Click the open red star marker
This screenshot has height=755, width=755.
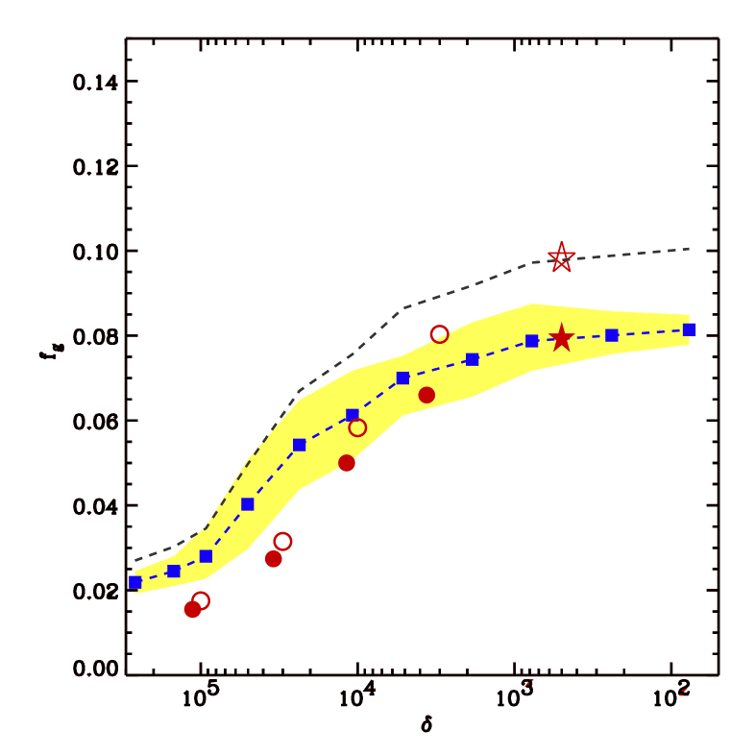pos(561,257)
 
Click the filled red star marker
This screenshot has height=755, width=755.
pos(561,339)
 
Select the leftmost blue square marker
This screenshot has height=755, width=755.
pos(134,582)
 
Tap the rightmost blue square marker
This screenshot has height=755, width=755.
pos(690,329)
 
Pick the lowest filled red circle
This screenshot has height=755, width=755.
pos(192,609)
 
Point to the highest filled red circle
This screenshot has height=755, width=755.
pos(426,395)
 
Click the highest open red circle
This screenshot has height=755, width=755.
pos(439,334)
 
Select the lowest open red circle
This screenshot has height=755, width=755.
pos(201,600)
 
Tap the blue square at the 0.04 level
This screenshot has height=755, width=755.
pos(247,504)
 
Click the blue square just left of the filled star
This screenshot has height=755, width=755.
pos(532,341)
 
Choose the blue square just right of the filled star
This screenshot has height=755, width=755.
pos(612,335)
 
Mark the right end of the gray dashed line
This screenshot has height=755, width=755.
pos(690,249)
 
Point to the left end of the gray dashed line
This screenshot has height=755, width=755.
pos(135,560)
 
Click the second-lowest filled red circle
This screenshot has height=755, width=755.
pos(273,559)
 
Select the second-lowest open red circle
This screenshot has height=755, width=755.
pos(282,542)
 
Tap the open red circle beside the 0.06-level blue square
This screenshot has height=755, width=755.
pos(357,427)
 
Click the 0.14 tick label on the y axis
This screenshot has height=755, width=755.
pos(95,83)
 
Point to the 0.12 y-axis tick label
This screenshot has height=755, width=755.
pos(95,167)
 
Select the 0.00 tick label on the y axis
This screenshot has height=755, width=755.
pos(95,669)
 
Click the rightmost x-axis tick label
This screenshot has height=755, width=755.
pos(671,698)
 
